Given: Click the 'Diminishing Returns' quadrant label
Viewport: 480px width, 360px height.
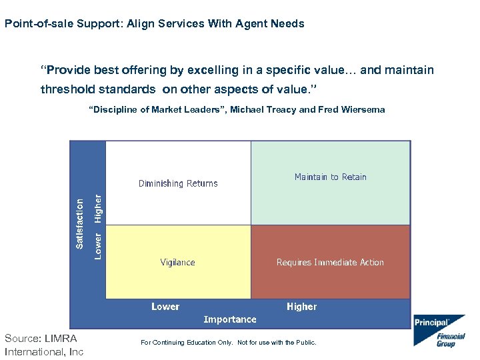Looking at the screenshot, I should pos(178,183).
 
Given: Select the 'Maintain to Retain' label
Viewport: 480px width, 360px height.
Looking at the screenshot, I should pos(331,177).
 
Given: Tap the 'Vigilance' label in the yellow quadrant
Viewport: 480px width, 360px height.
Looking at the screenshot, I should pos(177,262).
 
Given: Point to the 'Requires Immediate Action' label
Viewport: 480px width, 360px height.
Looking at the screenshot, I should pos(330,262).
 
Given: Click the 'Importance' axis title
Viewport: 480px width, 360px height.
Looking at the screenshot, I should pos(230,319).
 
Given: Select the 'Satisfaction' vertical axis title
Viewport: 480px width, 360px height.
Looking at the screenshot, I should pos(80,223).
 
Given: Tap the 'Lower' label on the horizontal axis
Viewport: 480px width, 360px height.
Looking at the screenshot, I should pos(165,307).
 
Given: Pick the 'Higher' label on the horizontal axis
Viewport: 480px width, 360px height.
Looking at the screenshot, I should pos(301,307).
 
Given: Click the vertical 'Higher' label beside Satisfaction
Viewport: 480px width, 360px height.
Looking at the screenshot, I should pos(98,208).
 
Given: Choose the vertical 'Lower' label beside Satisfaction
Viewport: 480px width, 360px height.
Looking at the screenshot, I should pos(98,245).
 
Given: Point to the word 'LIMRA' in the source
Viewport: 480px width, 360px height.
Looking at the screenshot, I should pos(61,339).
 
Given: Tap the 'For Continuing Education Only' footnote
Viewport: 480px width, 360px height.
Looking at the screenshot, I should pos(229,343).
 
